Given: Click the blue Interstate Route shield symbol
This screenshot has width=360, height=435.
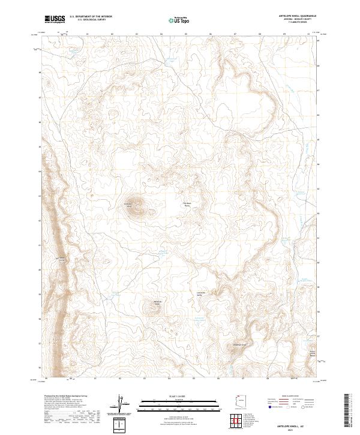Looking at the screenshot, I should (x=270, y=407).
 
